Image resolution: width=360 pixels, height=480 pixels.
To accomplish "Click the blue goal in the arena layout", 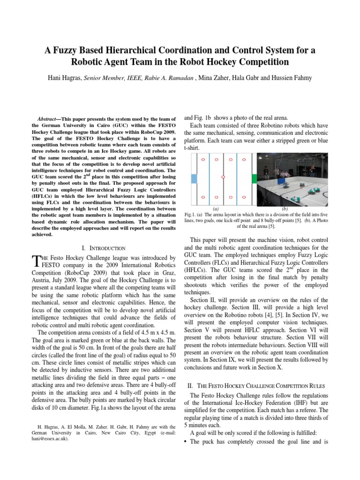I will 194,178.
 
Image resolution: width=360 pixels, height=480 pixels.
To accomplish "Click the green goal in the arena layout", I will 254,178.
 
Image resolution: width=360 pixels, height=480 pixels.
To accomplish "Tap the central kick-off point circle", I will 223,177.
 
